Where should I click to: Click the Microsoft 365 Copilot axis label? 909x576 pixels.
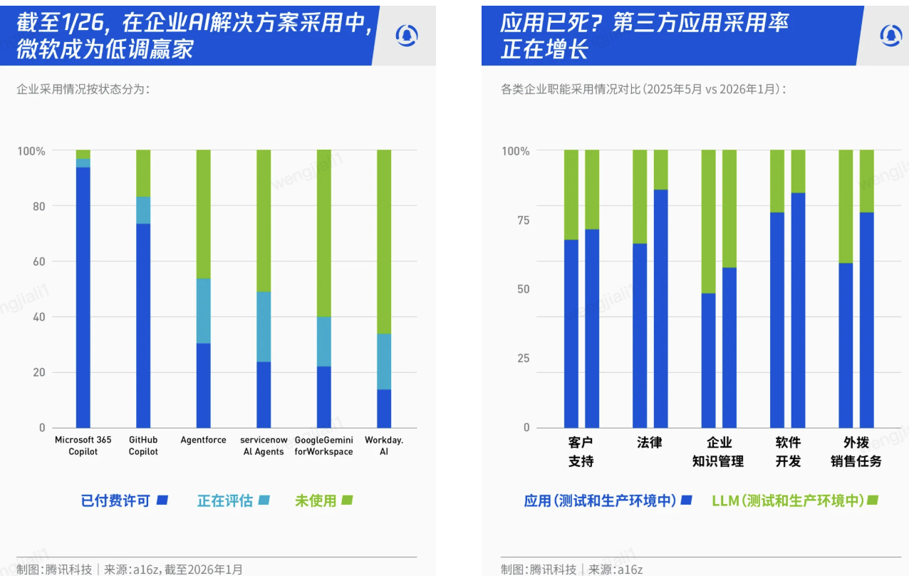tap(83, 446)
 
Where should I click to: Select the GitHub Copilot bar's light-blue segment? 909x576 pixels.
tap(143, 210)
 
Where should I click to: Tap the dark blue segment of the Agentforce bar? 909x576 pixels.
tap(204, 385)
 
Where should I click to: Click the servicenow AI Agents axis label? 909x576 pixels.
tap(264, 446)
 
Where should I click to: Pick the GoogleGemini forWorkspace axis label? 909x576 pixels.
tap(323, 446)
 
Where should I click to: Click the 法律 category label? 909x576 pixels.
tap(649, 443)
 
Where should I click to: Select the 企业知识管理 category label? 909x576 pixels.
tap(717, 452)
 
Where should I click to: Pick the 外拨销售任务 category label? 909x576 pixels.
tap(856, 452)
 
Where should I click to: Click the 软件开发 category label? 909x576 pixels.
tap(788, 452)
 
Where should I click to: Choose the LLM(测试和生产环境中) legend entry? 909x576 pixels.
tap(794, 500)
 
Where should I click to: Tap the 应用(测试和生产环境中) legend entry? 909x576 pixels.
tap(608, 500)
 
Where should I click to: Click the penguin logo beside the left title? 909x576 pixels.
tap(407, 35)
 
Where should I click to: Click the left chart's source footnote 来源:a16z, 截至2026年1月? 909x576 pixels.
tap(173, 569)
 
